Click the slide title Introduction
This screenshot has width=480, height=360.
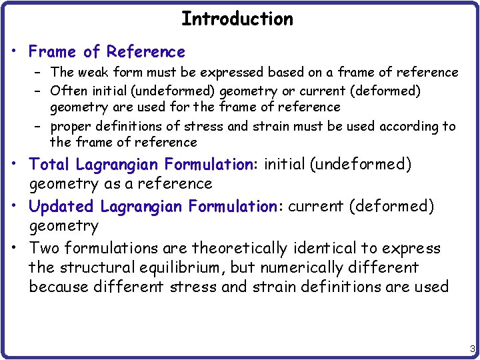click(x=237, y=19)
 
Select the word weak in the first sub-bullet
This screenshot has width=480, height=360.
click(x=99, y=72)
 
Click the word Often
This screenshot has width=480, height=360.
click(x=67, y=90)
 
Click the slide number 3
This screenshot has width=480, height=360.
click(x=472, y=349)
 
